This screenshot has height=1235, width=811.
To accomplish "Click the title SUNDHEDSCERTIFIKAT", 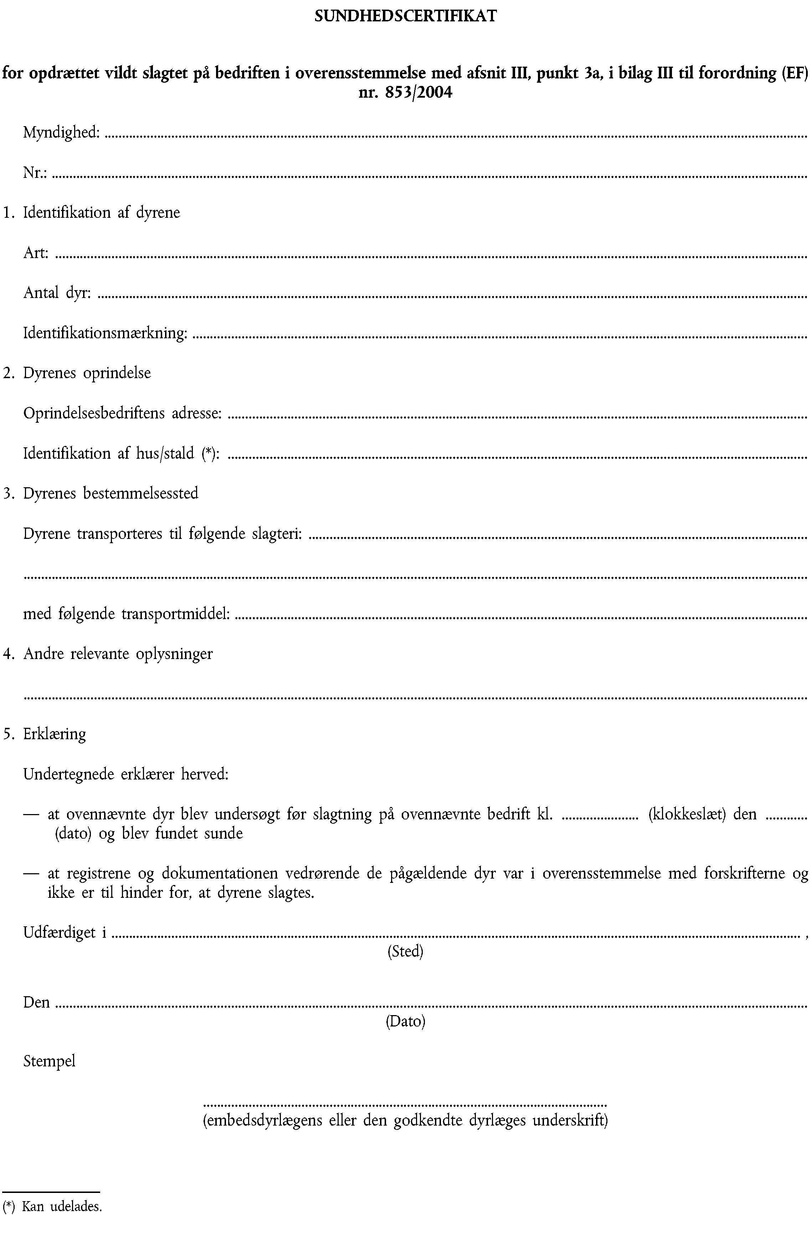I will (405, 17).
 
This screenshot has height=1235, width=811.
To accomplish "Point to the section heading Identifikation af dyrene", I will (102, 213).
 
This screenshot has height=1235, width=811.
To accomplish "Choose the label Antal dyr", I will (57, 293).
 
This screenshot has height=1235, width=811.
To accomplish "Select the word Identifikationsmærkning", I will (105, 333).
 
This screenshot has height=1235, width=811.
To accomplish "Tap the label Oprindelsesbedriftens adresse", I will (123, 413).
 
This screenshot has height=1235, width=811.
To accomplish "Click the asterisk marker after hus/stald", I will (208, 453).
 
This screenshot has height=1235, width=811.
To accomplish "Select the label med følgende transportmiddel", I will (127, 614).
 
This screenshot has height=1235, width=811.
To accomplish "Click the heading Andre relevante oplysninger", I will (118, 654).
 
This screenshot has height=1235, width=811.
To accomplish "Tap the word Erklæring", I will (55, 734).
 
